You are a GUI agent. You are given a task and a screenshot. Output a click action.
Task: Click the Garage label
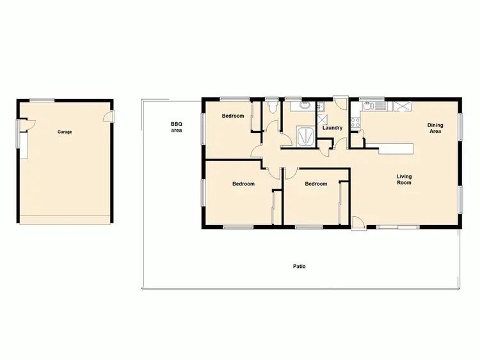click(x=65, y=132)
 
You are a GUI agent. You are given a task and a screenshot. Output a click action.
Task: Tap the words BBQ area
click(x=177, y=127)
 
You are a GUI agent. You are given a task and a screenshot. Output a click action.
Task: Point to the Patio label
click(x=299, y=266)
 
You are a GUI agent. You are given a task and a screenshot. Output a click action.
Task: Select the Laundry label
click(x=333, y=128)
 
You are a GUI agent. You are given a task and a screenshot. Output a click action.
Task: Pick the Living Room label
click(x=403, y=180)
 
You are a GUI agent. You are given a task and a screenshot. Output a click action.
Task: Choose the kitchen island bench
click(x=396, y=149)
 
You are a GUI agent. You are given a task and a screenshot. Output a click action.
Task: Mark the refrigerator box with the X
click(x=402, y=106)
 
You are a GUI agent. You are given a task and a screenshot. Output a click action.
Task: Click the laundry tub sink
click(x=321, y=106)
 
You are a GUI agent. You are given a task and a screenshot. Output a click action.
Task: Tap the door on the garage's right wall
click(x=110, y=116)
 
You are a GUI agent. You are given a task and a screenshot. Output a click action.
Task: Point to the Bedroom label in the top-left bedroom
click(x=233, y=116)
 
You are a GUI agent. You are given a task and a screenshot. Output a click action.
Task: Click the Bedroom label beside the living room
click(x=316, y=184)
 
